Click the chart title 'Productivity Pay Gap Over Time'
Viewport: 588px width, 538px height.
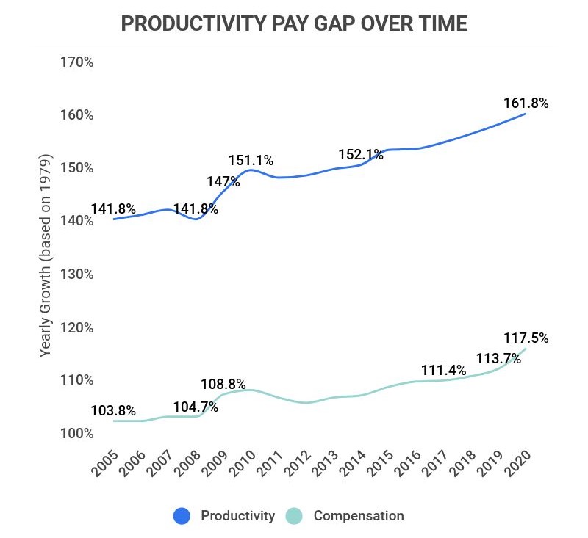294,23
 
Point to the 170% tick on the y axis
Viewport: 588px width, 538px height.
76,62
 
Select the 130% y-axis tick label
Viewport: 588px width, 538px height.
76,274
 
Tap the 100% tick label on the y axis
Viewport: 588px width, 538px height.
76,433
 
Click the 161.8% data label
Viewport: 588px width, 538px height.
526,103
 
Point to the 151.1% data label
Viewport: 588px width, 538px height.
251,160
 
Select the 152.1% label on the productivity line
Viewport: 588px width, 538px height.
360,154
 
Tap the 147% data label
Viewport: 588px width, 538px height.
223,181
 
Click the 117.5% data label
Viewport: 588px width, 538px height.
526,338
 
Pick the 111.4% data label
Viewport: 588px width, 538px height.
443,371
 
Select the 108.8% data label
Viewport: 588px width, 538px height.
224,384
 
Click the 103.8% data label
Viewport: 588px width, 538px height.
113,410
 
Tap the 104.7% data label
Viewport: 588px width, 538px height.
196,407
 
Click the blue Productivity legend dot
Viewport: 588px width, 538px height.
182,516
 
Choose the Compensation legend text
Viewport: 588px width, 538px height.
359,516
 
